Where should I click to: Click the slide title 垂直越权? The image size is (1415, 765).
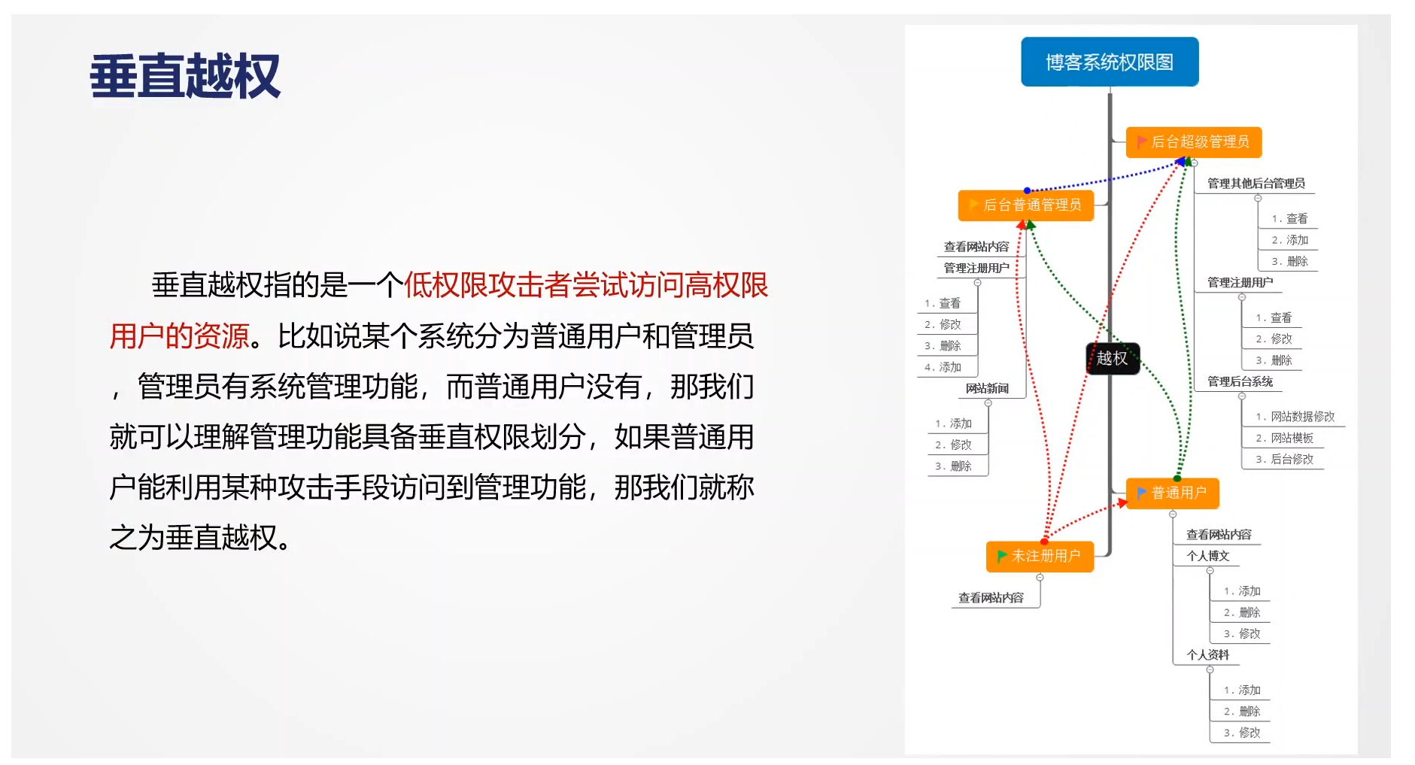pos(185,76)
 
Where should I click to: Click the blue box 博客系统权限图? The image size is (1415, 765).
pos(1110,62)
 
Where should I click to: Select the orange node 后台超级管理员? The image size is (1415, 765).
pos(1193,142)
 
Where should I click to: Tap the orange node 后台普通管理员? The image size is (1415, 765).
pos(1025,205)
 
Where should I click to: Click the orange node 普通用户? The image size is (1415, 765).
pos(1172,493)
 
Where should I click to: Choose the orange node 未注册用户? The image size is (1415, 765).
pos(1040,557)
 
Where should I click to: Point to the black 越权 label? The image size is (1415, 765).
pos(1113,358)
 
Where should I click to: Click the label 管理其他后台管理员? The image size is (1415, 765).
pos(1256,184)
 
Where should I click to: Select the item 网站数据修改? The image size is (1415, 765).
pos(1302,417)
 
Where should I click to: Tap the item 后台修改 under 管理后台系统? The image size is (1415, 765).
pos(1291,459)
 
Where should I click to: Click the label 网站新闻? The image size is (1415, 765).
pos(987,388)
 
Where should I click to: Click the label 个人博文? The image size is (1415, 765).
pos(1207,556)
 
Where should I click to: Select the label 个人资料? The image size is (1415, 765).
pos(1207,655)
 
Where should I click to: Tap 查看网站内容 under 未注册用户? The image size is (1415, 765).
pos(991,598)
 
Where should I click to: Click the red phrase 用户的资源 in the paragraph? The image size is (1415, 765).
pos(179,336)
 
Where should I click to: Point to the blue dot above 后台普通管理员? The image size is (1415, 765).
pos(1027,191)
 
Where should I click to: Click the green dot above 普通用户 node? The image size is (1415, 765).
pos(1177,478)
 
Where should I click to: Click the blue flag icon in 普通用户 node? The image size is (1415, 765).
pos(1142,493)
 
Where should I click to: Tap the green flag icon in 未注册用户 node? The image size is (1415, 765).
pos(1001,557)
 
